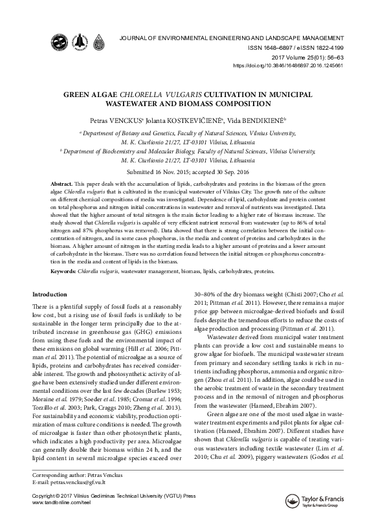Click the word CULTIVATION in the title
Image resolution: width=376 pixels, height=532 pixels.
(x=239, y=93)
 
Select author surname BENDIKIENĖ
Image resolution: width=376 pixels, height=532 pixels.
(x=262, y=120)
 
